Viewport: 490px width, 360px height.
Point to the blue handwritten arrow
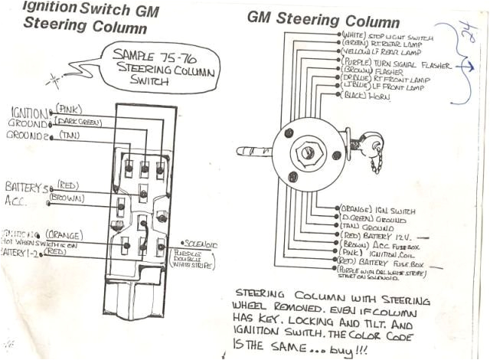point(460,68)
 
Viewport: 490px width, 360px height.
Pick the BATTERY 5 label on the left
point(25,187)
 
